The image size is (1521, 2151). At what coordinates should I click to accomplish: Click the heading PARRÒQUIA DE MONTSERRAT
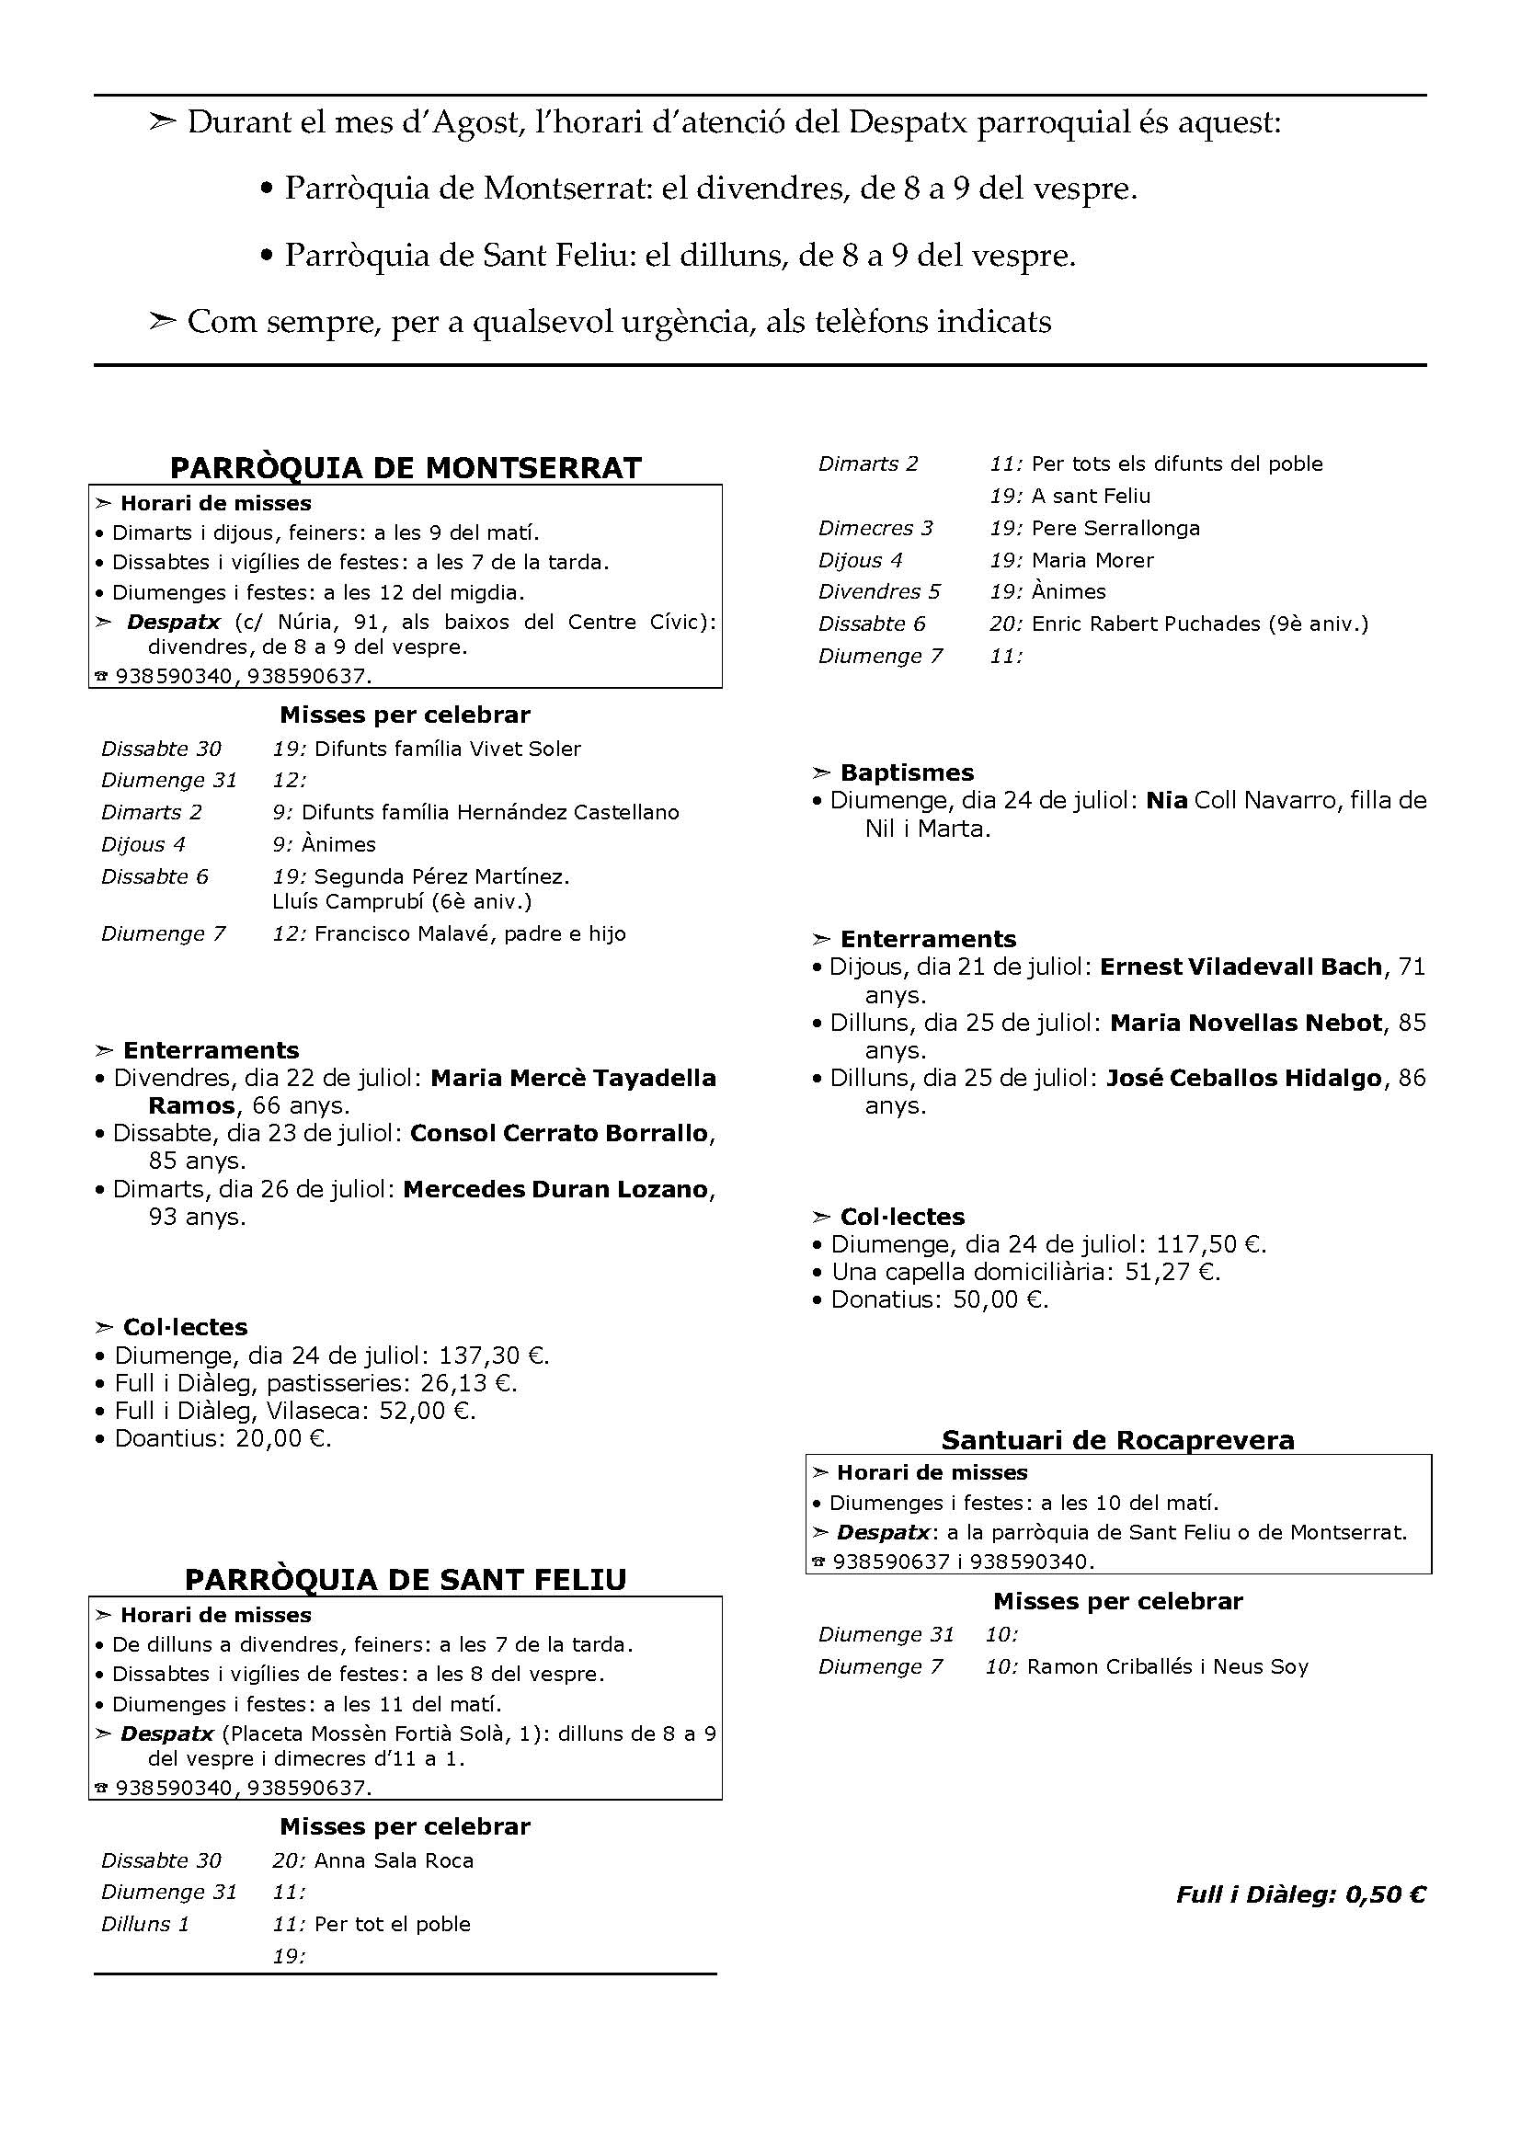click(x=406, y=467)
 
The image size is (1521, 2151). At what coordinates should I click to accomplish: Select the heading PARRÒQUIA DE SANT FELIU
click(x=406, y=1580)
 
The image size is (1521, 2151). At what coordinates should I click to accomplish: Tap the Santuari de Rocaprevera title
click(x=1117, y=1440)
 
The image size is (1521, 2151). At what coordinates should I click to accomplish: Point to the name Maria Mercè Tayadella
click(x=573, y=1079)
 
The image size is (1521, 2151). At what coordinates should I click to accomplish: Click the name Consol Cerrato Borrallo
click(x=559, y=1134)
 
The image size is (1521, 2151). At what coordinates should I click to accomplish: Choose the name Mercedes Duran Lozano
click(x=555, y=1190)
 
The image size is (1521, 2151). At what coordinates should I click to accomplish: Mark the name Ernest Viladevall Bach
click(x=1240, y=967)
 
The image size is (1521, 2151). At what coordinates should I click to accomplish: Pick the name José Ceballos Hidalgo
click(x=1244, y=1079)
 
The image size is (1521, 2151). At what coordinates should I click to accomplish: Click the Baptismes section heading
click(x=906, y=772)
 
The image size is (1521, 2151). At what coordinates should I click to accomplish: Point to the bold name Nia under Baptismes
click(x=1166, y=801)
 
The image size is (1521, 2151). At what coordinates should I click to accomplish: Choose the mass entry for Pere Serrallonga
click(x=1115, y=529)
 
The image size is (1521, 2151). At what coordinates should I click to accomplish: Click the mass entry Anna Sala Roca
click(x=394, y=1860)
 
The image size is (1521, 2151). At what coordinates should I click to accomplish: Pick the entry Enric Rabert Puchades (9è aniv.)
click(x=1199, y=624)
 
